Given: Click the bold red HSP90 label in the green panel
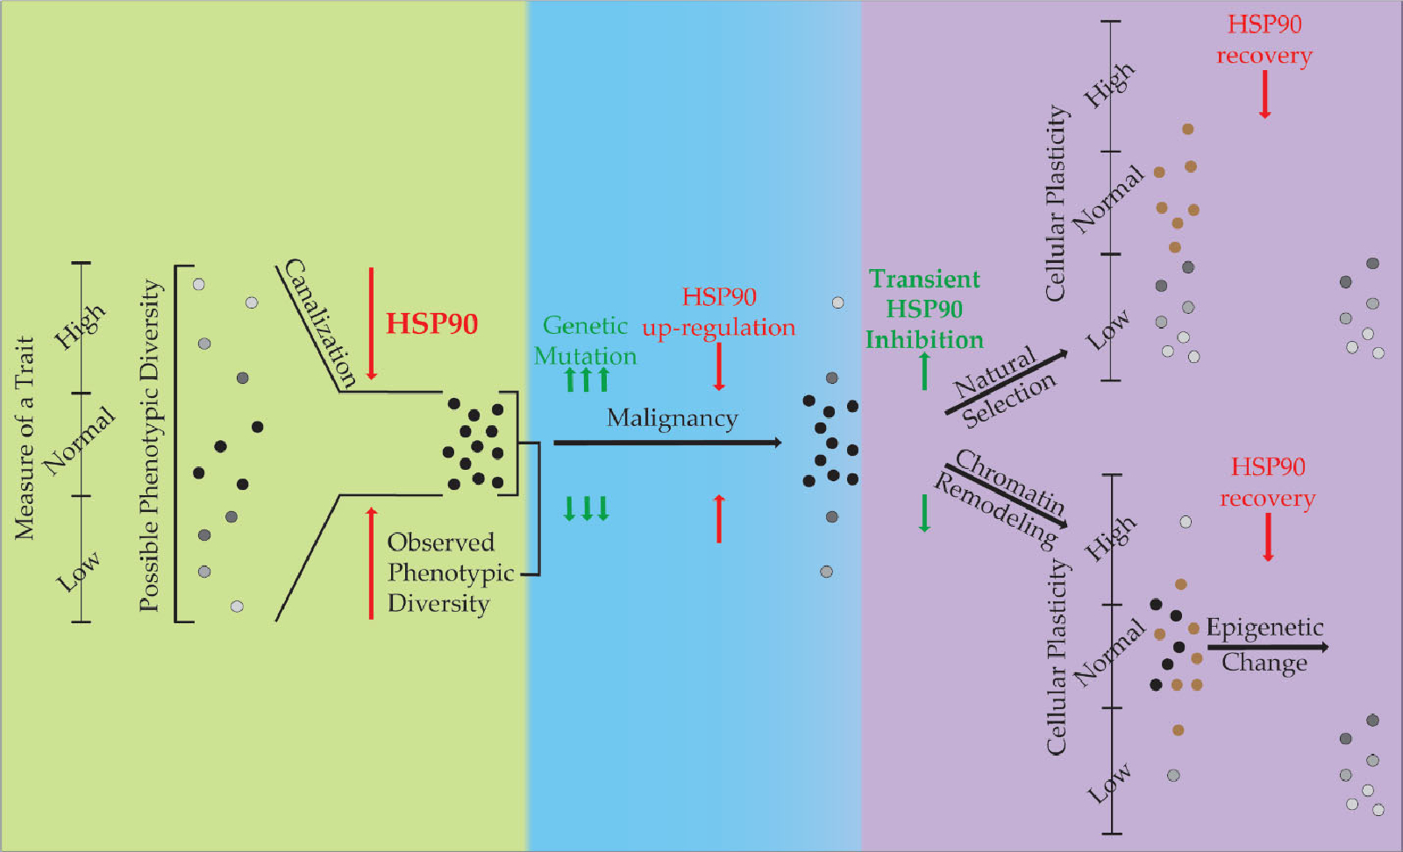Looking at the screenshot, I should [x=431, y=323].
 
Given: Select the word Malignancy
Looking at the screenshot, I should [x=672, y=419].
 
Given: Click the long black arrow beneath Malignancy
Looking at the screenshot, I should [x=666, y=443].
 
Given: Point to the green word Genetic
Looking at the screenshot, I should [x=585, y=326].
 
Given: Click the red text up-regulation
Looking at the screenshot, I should [x=718, y=328].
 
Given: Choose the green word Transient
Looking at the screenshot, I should [x=924, y=279].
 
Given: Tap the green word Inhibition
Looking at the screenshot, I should [x=924, y=339].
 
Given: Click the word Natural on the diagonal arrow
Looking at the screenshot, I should [x=994, y=373].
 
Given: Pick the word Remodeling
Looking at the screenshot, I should [x=996, y=509].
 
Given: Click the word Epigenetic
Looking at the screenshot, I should [x=1264, y=628].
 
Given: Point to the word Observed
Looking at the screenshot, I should [x=441, y=543].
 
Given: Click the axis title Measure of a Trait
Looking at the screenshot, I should [x=25, y=437].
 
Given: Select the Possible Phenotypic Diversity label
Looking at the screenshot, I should [x=150, y=445].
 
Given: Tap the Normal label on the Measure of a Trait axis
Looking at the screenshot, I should [x=79, y=440].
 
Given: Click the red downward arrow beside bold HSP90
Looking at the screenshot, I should [x=371, y=323].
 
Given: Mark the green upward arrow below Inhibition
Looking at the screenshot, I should [x=924, y=371].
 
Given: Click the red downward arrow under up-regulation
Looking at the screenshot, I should [x=719, y=366].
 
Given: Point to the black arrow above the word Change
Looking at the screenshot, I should [x=1267, y=647].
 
